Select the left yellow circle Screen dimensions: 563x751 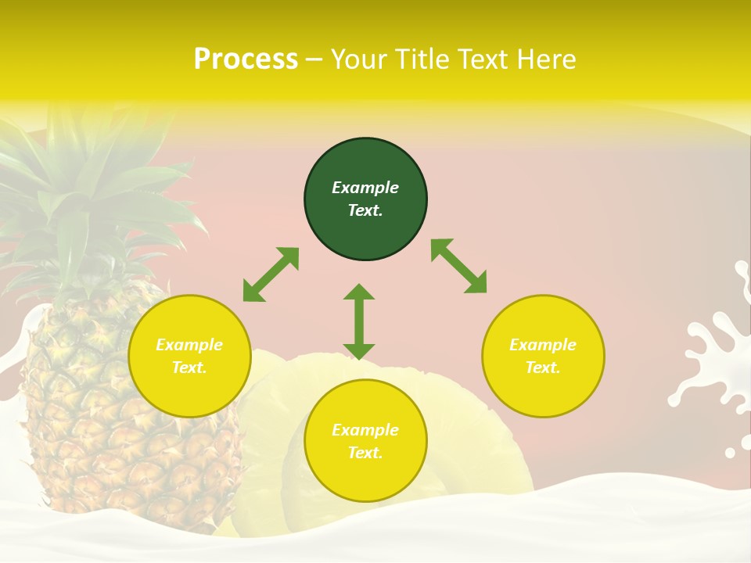[x=189, y=357]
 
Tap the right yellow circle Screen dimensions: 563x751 [x=543, y=357]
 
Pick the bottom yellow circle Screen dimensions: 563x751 [x=365, y=441]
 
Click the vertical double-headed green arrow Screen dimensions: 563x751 [x=359, y=321]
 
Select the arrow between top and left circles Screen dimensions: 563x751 [x=271, y=274]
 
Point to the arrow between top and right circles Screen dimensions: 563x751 [x=458, y=266]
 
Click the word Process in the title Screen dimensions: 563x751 [x=246, y=59]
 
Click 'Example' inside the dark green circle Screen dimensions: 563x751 [x=365, y=188]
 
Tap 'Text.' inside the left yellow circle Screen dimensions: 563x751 [x=189, y=368]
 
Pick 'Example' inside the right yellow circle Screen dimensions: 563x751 [x=543, y=345]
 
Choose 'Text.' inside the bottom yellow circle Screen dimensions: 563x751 [x=365, y=453]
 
